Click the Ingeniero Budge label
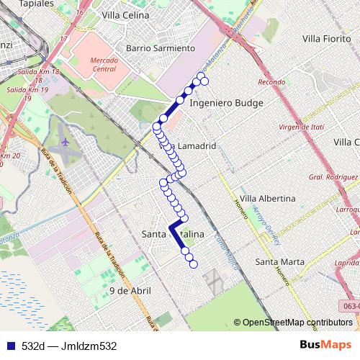(x=226, y=103)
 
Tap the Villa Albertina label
(x=267, y=198)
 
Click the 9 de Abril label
(x=130, y=290)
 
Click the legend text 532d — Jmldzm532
(x=69, y=346)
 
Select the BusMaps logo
(x=326, y=345)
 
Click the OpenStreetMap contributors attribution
(x=292, y=323)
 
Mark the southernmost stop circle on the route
(x=193, y=265)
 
